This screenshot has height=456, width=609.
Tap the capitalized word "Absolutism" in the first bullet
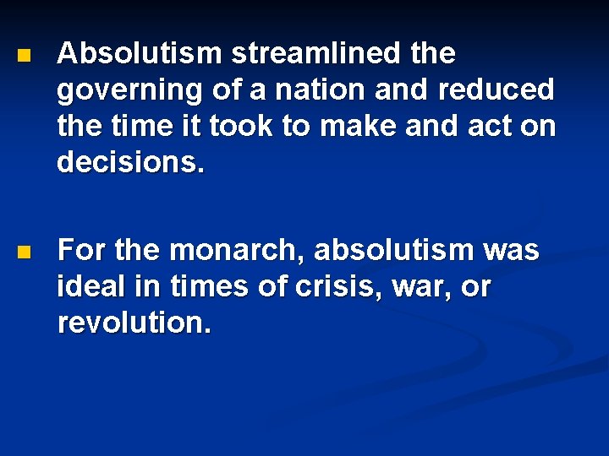pyautogui.click(x=140, y=54)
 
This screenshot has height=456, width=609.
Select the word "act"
pyautogui.click(x=496, y=127)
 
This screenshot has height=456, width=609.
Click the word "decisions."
pyautogui.click(x=131, y=162)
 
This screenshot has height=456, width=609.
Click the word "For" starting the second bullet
pyautogui.click(x=80, y=251)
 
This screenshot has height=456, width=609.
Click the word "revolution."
pyautogui.click(x=134, y=323)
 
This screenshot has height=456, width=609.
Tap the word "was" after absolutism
pyautogui.click(x=511, y=251)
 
